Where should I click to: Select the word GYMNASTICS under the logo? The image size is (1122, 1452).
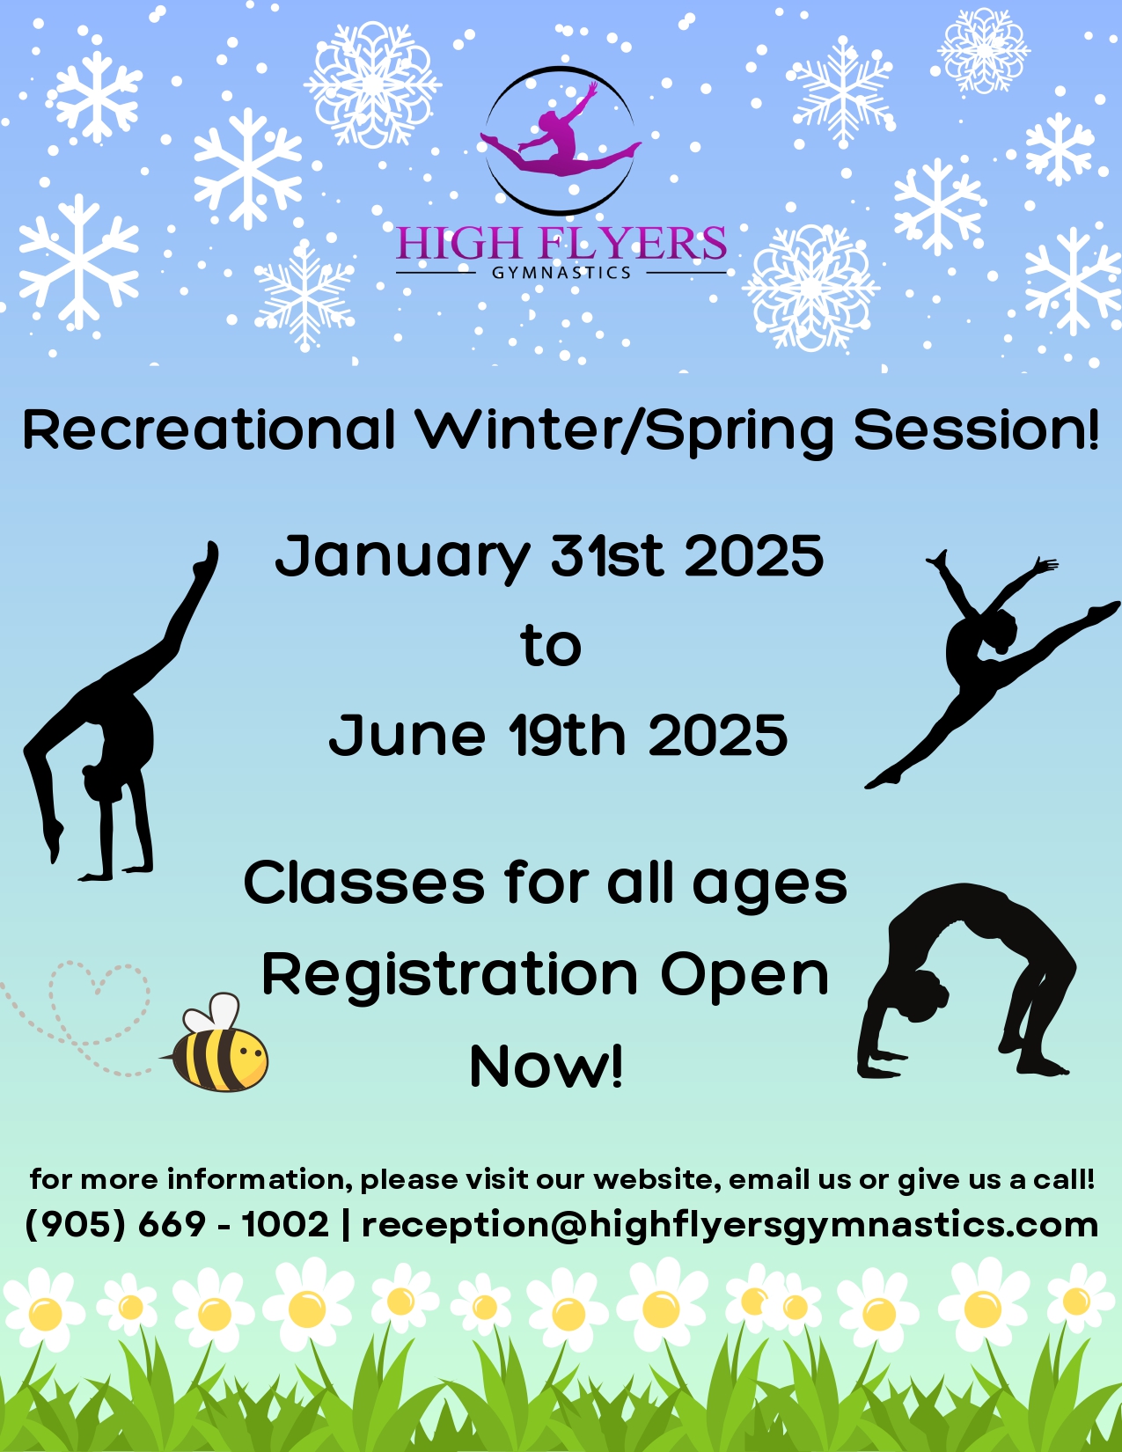coord(561,273)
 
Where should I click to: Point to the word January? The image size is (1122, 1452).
coord(402,557)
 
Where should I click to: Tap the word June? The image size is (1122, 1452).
coord(407,734)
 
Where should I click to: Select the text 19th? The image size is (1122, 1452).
coord(568,734)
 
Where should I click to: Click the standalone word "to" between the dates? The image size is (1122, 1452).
coord(551,646)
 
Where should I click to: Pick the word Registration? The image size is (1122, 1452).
coord(450,975)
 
